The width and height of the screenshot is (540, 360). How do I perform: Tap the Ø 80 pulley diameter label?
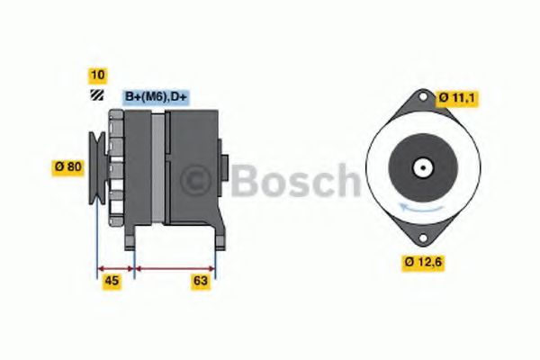pos(68,166)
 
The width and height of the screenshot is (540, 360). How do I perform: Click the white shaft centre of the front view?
pos(421,167)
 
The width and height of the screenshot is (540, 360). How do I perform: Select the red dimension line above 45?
pos(115,267)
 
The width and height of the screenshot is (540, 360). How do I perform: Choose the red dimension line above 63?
pos(174,267)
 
